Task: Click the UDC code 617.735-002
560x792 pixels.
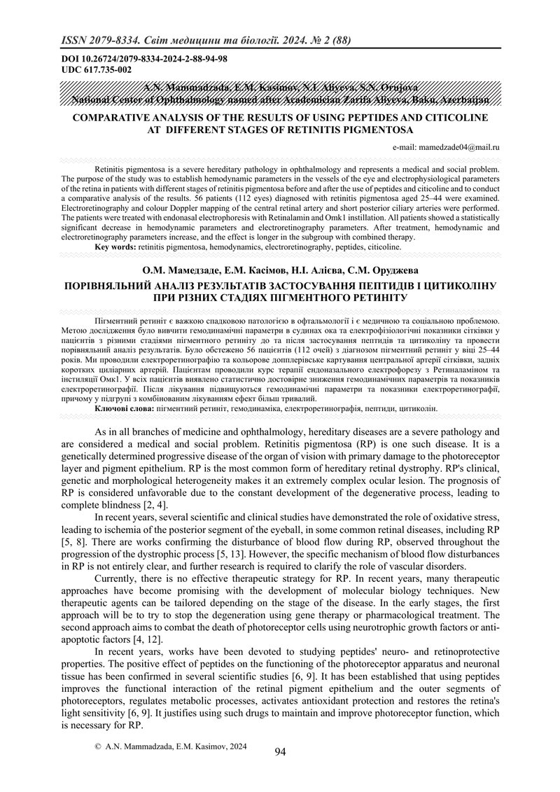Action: tap(104, 71)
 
